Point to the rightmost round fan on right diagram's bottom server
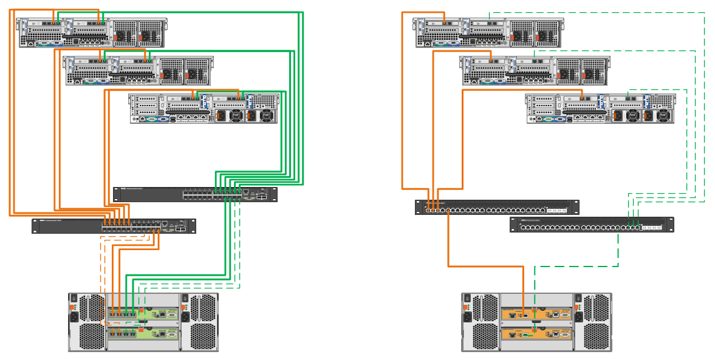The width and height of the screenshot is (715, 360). [x=664, y=115]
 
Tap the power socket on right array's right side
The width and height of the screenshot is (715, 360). [x=580, y=318]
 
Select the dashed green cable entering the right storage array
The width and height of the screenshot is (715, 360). [x=535, y=285]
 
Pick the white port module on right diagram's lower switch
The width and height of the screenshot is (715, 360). [x=654, y=228]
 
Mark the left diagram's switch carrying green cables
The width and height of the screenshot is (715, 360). [x=194, y=194]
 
